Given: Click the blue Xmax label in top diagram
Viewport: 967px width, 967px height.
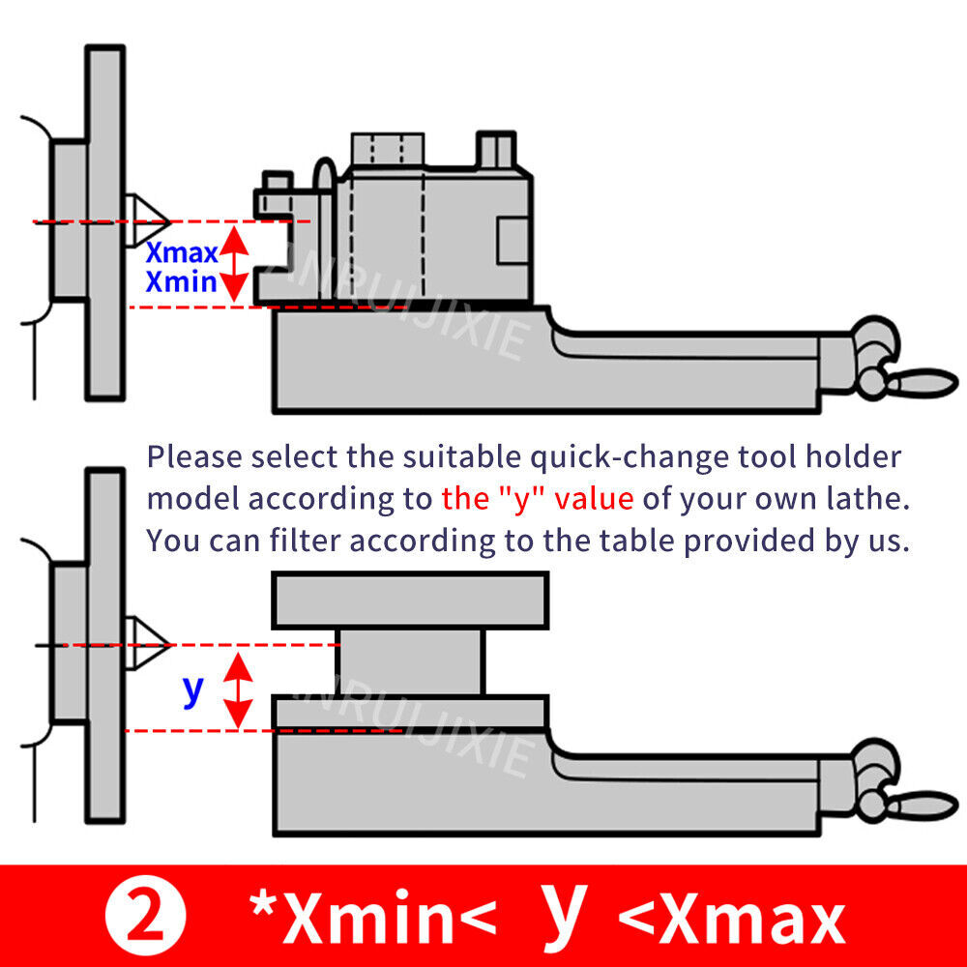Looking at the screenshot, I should (x=181, y=253).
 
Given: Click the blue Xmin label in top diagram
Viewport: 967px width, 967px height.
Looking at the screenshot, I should (x=181, y=282).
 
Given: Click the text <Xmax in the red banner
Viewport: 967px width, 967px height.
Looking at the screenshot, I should (x=732, y=920).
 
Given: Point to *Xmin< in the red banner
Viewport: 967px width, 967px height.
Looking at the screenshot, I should (x=372, y=920).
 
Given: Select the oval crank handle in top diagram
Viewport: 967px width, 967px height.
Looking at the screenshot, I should (x=923, y=379).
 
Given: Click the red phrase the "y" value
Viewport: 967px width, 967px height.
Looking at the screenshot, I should (x=537, y=499).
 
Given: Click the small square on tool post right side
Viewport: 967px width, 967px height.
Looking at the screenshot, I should (x=513, y=240).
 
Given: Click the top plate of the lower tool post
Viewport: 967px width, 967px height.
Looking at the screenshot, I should (x=410, y=600).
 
